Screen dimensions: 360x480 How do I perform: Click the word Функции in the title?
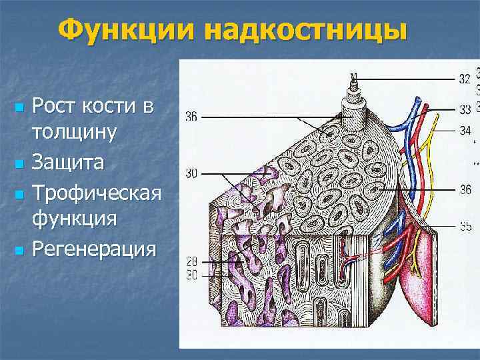127,31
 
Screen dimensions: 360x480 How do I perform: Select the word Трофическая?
97,193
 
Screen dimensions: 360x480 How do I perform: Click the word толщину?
75,131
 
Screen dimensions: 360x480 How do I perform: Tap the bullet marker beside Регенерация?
19,251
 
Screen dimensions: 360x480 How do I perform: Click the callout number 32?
465,79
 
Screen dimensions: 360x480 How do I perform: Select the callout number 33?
465,109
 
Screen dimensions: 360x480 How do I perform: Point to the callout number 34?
465,130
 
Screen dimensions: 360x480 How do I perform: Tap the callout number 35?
465,226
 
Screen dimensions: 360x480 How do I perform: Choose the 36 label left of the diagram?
191,118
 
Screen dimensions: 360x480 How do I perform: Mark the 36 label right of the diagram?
465,189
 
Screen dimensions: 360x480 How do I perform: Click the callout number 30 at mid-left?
191,174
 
